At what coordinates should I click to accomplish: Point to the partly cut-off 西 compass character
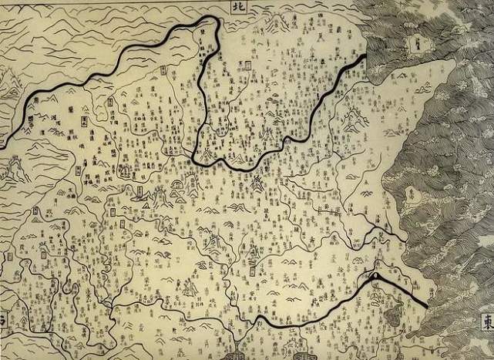[3, 317]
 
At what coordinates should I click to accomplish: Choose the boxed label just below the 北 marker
[249, 67]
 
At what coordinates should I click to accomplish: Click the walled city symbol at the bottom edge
[234, 355]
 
